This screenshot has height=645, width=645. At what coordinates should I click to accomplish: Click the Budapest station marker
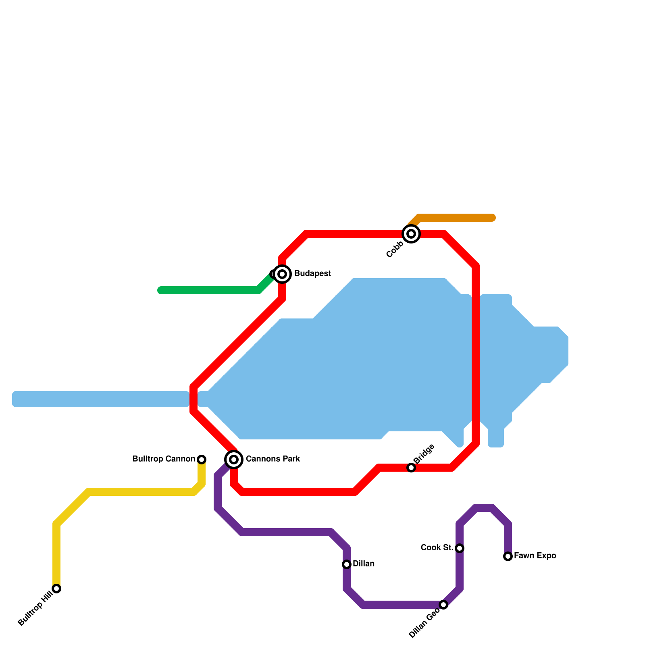click(x=283, y=274)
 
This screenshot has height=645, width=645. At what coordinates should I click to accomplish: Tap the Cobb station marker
click(x=411, y=234)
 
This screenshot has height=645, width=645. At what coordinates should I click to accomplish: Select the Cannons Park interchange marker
click(x=234, y=459)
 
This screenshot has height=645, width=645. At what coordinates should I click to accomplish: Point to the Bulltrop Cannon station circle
click(x=202, y=460)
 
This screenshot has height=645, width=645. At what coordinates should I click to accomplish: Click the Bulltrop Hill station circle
click(x=57, y=589)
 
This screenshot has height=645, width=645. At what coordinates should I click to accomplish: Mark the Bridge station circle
click(x=411, y=468)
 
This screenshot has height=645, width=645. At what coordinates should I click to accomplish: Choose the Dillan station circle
click(x=347, y=564)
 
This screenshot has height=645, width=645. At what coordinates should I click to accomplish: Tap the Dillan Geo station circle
click(x=443, y=605)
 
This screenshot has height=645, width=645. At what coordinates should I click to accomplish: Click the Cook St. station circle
click(x=460, y=548)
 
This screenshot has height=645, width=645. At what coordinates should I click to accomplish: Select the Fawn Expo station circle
click(x=508, y=556)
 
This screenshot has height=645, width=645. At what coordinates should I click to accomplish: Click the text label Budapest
click(x=312, y=274)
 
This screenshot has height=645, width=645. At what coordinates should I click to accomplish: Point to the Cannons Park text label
click(x=273, y=459)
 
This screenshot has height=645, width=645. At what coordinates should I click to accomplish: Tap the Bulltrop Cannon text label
click(x=164, y=459)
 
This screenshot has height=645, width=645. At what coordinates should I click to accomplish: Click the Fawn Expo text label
click(x=535, y=556)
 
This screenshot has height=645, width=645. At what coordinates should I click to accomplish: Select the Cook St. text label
click(x=437, y=547)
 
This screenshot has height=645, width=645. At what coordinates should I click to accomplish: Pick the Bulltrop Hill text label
click(x=35, y=608)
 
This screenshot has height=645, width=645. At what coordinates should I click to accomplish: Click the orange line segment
click(x=456, y=218)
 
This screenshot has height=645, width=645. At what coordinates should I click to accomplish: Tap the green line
click(x=210, y=290)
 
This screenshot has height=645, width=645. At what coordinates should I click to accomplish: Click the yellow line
click(x=141, y=492)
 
